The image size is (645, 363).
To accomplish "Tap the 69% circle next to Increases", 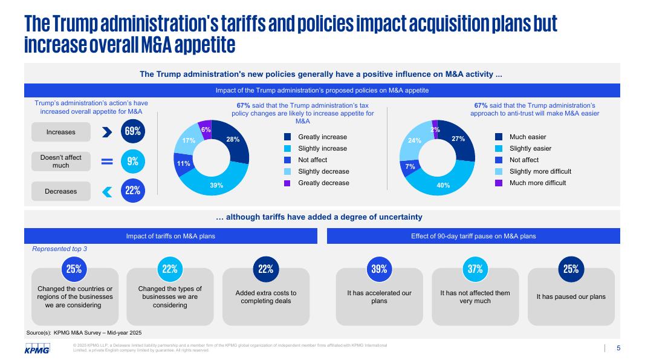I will tap(133, 131).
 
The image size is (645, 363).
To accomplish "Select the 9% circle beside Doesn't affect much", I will tap(133, 162).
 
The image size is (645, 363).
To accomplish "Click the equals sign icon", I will tap(107, 162).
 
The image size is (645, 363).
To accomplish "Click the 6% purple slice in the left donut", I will tap(206, 129).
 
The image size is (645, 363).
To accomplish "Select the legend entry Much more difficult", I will tap(537, 183).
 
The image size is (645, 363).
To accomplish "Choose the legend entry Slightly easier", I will tap(530, 148).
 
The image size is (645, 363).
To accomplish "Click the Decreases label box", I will tap(61, 191).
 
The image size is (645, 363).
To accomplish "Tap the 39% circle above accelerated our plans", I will tap(379, 269).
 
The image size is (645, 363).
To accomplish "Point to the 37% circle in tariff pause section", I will tap(475, 269).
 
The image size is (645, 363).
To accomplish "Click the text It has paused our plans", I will tap(571, 296).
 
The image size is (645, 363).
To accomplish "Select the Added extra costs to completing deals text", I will tap(266, 297).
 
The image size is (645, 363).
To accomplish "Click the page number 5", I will tap(618, 348).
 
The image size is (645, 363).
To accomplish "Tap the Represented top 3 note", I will tap(59, 249).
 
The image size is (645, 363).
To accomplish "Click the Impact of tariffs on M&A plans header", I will tap(170, 236).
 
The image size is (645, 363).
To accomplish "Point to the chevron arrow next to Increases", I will tap(107, 132).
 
